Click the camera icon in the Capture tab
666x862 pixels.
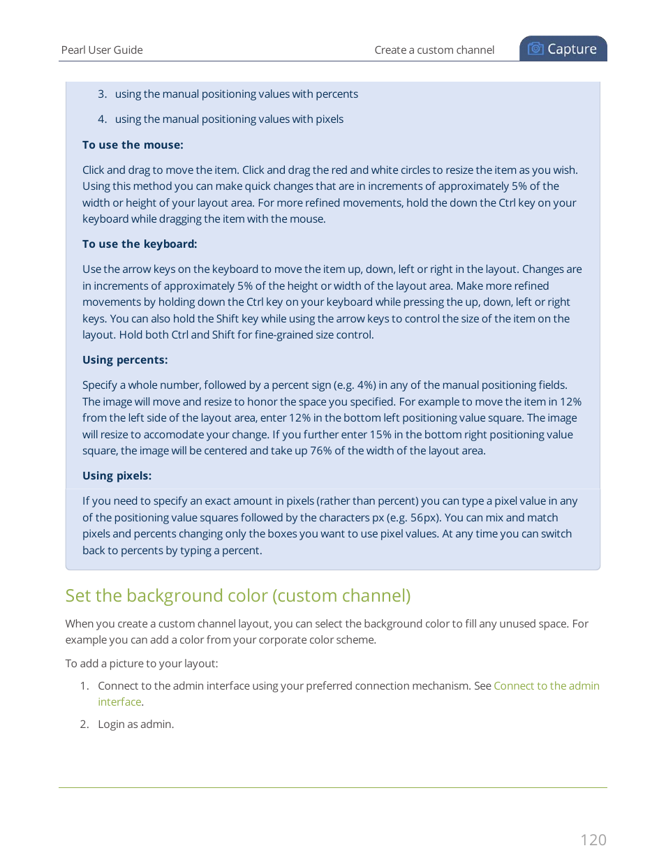pyautogui.click(x=535, y=49)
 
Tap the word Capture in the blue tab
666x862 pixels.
pyautogui.click(x=572, y=49)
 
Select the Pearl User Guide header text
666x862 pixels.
pyautogui.click(x=102, y=50)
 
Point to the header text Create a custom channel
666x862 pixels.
pyautogui.click(x=434, y=50)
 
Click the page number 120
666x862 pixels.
pyautogui.click(x=593, y=840)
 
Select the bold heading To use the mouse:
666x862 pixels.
pyautogui.click(x=133, y=145)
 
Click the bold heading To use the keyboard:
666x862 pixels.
pyautogui.click(x=140, y=244)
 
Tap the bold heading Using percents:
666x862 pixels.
pyautogui.click(x=125, y=360)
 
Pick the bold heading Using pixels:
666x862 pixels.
pyautogui.click(x=117, y=476)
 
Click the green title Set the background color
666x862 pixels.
pyautogui.click(x=237, y=595)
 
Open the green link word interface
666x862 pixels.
pyautogui.click(x=119, y=702)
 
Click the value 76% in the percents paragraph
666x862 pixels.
pyautogui.click(x=320, y=451)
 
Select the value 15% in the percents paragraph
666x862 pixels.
pyautogui.click(x=380, y=435)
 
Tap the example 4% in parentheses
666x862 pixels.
pyautogui.click(x=366, y=385)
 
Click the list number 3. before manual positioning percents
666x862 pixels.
pyautogui.click(x=102, y=94)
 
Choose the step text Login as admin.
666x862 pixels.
pyautogui.click(x=135, y=724)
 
